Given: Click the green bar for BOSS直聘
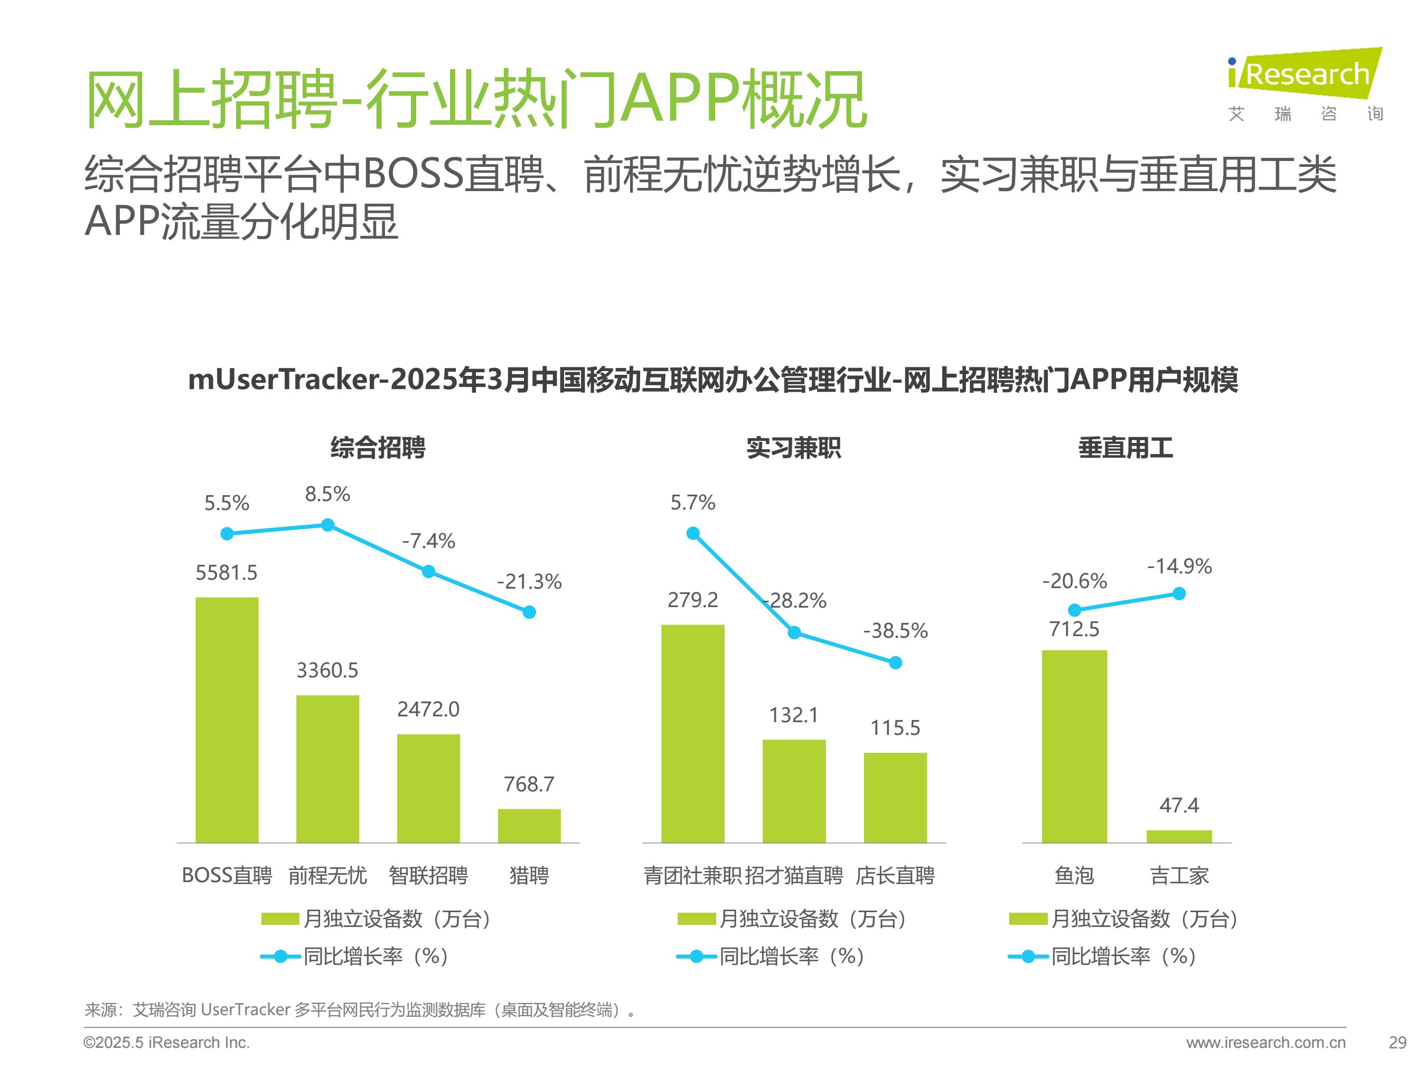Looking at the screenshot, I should pyautogui.click(x=227, y=719).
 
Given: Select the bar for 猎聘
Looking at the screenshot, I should pyautogui.click(x=529, y=826).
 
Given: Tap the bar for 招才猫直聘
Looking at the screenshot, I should pyautogui.click(x=794, y=791).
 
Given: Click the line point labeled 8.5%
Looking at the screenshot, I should pyautogui.click(x=327, y=525).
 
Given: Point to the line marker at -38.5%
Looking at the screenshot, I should pyautogui.click(x=895, y=663).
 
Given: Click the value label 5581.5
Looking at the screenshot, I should pyautogui.click(x=226, y=572).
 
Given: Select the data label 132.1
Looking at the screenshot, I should pyautogui.click(x=794, y=715).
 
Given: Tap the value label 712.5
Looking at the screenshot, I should pyautogui.click(x=1074, y=628).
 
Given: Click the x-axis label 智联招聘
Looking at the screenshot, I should pyautogui.click(x=428, y=875).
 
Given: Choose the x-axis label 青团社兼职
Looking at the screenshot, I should pyautogui.click(x=692, y=875).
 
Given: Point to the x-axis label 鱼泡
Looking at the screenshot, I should pyautogui.click(x=1074, y=875).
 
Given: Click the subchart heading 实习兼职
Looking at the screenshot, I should pyautogui.click(x=794, y=448).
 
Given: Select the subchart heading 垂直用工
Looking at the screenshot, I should pyautogui.click(x=1125, y=448).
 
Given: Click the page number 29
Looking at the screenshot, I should pyautogui.click(x=1397, y=1043).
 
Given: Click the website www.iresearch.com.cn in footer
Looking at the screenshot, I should pyautogui.click(x=1265, y=1043).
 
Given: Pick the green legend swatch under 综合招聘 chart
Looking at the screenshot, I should pyautogui.click(x=280, y=919).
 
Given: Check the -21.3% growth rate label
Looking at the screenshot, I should pyautogui.click(x=529, y=582).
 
